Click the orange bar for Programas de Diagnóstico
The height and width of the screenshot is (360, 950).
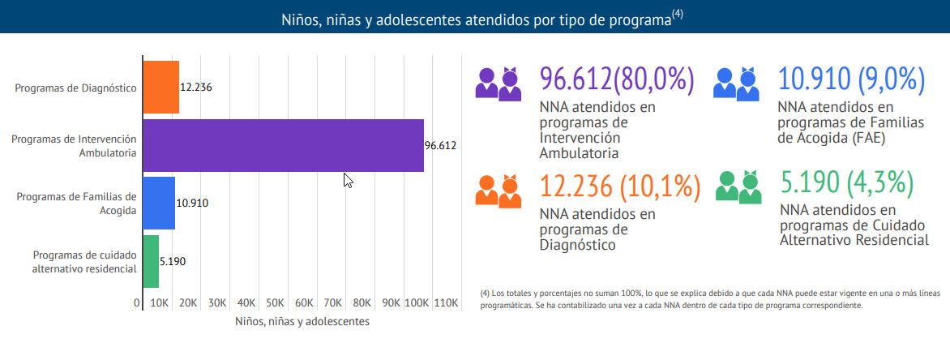point(161,87)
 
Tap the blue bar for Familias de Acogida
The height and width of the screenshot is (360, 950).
point(159,203)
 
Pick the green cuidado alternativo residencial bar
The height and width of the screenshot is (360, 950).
point(151,261)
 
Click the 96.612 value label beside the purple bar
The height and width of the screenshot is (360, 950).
point(441,146)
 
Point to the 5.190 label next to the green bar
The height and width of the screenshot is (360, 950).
point(173,262)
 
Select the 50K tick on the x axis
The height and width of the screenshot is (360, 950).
point(276,302)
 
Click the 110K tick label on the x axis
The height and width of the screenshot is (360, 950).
point(446,302)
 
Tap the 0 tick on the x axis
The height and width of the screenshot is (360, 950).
point(137,302)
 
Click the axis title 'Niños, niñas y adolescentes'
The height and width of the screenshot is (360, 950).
point(302,322)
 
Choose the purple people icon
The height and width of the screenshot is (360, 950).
point(498,84)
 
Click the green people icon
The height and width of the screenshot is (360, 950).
point(736,186)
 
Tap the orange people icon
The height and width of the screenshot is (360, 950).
point(498,191)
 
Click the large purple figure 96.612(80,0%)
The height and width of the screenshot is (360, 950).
point(618,79)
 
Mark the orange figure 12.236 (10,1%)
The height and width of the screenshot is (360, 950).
point(620,187)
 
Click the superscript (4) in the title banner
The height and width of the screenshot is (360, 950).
point(678,14)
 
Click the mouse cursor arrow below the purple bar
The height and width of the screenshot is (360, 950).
point(348,180)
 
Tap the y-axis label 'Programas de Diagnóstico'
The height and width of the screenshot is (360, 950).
point(75,88)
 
